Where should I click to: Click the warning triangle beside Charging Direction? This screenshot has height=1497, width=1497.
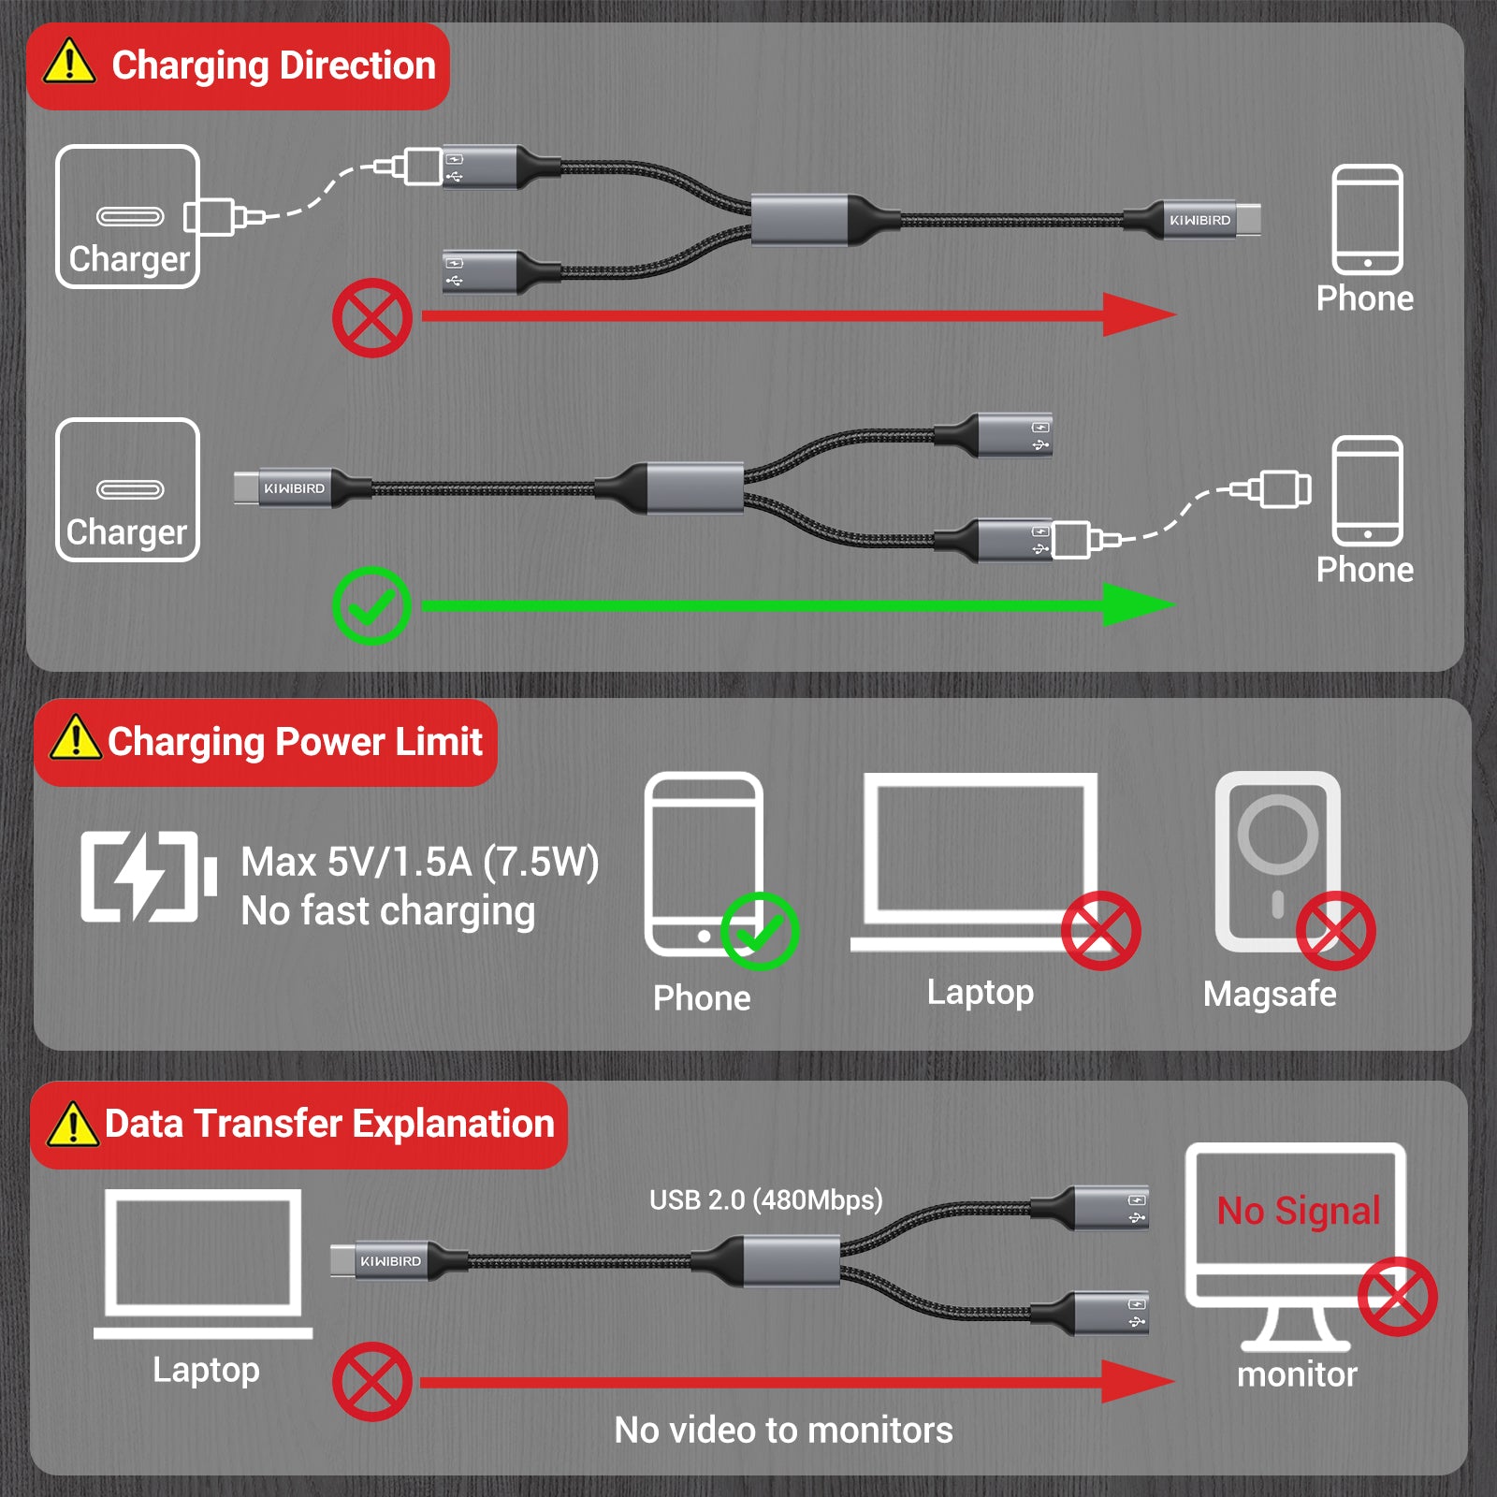pos(69,63)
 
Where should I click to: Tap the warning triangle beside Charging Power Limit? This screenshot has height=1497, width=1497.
pos(75,738)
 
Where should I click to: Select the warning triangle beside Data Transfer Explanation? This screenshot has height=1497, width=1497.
pos(72,1124)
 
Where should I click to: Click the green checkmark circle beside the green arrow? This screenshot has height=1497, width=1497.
pos(371,605)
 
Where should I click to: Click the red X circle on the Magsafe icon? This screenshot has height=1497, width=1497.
pos(1335,930)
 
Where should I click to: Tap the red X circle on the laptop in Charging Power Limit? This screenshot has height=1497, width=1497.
pos(1100,930)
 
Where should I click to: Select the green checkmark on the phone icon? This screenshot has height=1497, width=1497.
pos(759,931)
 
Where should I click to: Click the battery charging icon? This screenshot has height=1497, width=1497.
pos(149,877)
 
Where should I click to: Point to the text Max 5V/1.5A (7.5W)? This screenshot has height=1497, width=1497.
pos(419,862)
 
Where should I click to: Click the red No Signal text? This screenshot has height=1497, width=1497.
pos(1298,1211)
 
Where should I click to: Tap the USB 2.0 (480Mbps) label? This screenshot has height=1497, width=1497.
pos(765,1199)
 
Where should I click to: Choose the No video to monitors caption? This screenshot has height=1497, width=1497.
pos(783,1430)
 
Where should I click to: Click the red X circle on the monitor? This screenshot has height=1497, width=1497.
pos(1397,1297)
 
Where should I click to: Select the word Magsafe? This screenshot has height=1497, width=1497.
pos(1270,994)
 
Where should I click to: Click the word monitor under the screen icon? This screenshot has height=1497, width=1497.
pos(1297,1374)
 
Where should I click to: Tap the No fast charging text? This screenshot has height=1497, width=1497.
pos(387,911)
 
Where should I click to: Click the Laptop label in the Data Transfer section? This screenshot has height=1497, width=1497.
pos(206,1370)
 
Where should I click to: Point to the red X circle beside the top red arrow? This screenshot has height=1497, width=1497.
pos(372,317)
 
